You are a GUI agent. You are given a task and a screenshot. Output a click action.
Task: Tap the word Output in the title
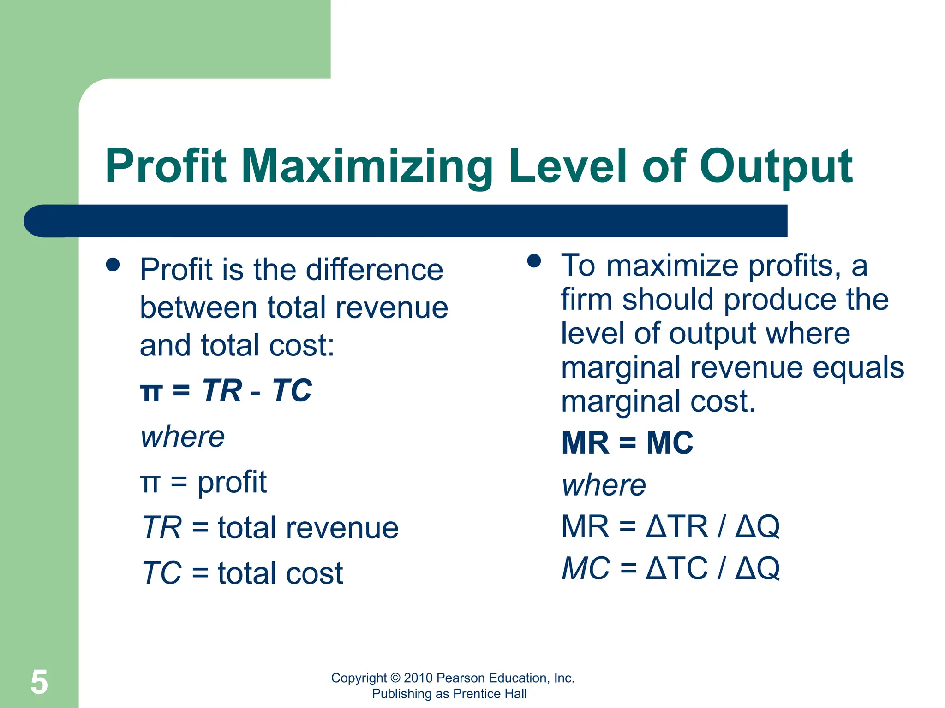tap(776, 167)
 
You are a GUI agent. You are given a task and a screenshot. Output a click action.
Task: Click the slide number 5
tap(39, 682)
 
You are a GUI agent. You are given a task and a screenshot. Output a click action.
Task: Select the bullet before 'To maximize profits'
tap(534, 261)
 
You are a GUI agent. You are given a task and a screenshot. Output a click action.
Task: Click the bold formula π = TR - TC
tap(226, 391)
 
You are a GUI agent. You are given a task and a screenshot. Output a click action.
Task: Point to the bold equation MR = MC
tap(627, 443)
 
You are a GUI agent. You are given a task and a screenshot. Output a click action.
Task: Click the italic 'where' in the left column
tap(183, 437)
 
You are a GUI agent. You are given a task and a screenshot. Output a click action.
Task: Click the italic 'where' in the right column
tap(604, 485)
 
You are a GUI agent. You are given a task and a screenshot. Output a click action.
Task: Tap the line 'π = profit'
tap(203, 482)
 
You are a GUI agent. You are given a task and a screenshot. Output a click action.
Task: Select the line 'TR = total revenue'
tap(270, 527)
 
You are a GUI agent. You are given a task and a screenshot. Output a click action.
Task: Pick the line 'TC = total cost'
tap(243, 573)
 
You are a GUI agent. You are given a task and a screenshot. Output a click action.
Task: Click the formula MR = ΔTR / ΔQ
tap(670, 526)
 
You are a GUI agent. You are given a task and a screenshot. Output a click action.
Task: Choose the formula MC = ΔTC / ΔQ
tap(670, 568)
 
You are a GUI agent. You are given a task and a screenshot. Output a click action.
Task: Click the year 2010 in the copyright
tap(418, 678)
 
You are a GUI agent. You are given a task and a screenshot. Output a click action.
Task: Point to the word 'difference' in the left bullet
tap(374, 270)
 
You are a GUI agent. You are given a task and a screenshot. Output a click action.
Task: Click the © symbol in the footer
tap(395, 678)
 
